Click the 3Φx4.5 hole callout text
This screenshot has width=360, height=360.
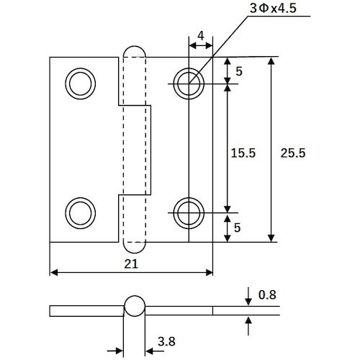[273, 9]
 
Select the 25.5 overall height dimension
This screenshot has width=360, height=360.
[293, 153]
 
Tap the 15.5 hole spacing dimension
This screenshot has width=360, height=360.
[243, 153]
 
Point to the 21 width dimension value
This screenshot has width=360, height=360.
[131, 264]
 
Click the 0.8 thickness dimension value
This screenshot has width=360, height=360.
[267, 294]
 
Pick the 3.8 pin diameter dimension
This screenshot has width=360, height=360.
[166, 341]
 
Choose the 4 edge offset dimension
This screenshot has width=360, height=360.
[201, 36]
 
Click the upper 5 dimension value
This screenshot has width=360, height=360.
[239, 71]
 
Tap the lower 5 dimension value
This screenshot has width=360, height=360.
[237, 228]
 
